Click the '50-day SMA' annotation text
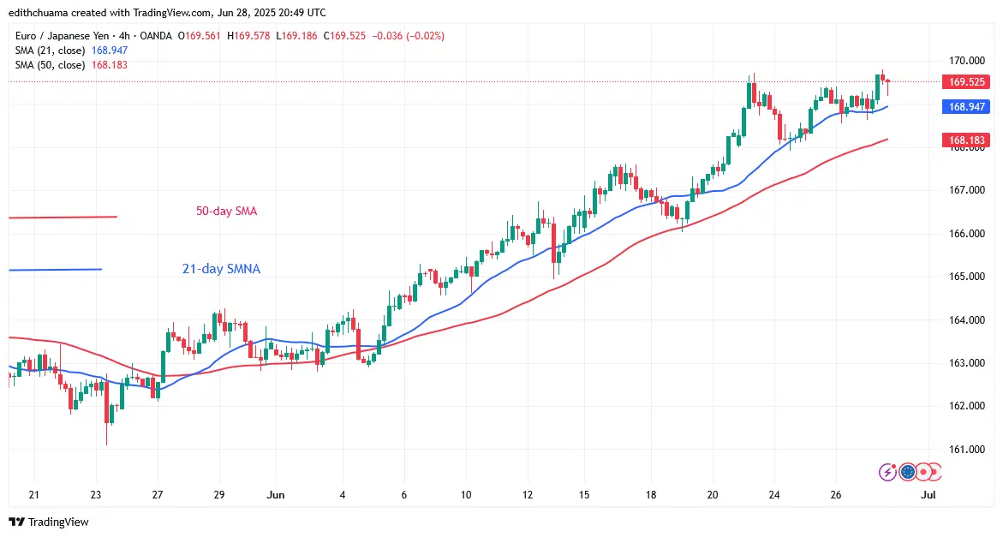[225, 211]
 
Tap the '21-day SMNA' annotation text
[221, 269]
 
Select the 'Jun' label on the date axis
[276, 494]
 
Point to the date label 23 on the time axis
[95, 494]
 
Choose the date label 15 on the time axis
[583, 494]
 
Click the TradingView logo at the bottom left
[49, 522]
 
